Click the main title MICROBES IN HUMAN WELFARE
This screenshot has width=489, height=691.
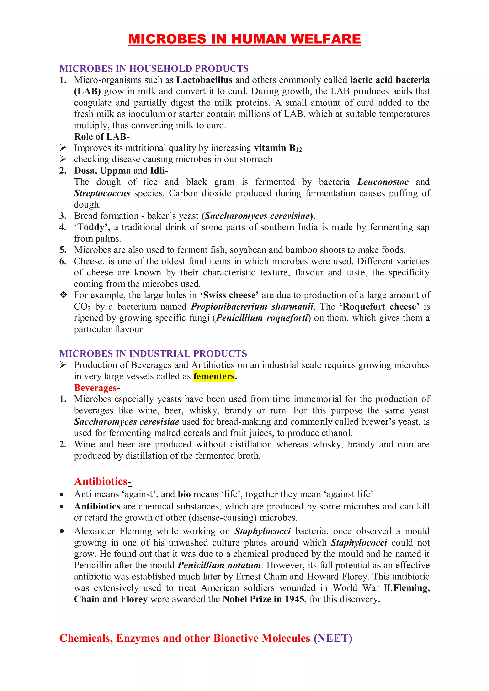coord(244,39)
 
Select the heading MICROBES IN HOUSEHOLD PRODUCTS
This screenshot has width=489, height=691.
coord(154,69)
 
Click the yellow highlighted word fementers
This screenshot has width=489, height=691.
coord(214,376)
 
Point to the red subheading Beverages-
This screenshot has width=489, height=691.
coord(96,388)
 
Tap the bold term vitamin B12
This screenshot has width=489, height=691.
coord(277,148)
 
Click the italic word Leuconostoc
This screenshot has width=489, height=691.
coord(383,182)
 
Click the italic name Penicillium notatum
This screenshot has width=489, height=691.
coord(219,565)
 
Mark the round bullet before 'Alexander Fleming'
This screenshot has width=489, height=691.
coord(62,531)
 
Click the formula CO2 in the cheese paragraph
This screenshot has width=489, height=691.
coord(82,307)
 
